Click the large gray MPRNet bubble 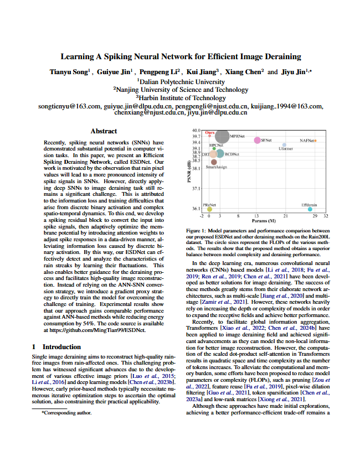[x=222, y=136]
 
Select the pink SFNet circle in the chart [x=257, y=141]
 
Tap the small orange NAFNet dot [x=315, y=141]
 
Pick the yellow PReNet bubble [x=209, y=209]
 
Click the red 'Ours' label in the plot [x=210, y=133]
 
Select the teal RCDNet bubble [x=220, y=154]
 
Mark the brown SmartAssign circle [x=214, y=162]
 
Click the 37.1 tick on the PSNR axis [x=196, y=189]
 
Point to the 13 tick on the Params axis [x=256, y=216]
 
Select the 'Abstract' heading [x=104, y=131]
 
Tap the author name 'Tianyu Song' [x=69, y=72]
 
